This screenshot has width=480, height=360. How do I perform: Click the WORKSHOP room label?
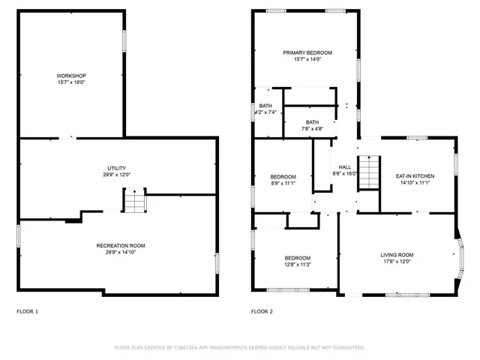[x=71, y=76]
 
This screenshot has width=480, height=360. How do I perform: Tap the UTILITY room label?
[x=116, y=168]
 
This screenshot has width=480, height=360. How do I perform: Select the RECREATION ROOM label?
[x=120, y=245]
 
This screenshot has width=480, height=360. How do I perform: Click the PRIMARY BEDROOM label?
[x=307, y=52]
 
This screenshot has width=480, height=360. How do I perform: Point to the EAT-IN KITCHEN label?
[x=415, y=176]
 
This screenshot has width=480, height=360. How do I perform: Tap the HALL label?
[x=344, y=167]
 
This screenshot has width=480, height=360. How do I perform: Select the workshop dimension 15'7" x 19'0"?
[x=71, y=82]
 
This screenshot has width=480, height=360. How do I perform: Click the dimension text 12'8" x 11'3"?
[x=298, y=264]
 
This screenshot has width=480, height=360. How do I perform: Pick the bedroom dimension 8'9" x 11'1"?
[x=283, y=183]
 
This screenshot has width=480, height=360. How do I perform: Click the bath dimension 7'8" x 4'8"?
[x=311, y=129]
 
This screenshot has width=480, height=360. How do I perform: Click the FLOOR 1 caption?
[x=27, y=311]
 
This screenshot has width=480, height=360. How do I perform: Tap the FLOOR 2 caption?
[x=262, y=311]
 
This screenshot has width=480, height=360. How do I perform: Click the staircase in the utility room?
[x=133, y=201]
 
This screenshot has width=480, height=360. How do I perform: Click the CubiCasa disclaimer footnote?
[x=239, y=348]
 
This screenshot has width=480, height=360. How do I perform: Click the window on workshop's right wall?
[x=124, y=40]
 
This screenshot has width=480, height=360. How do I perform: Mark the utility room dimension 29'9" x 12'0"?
[x=116, y=175]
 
